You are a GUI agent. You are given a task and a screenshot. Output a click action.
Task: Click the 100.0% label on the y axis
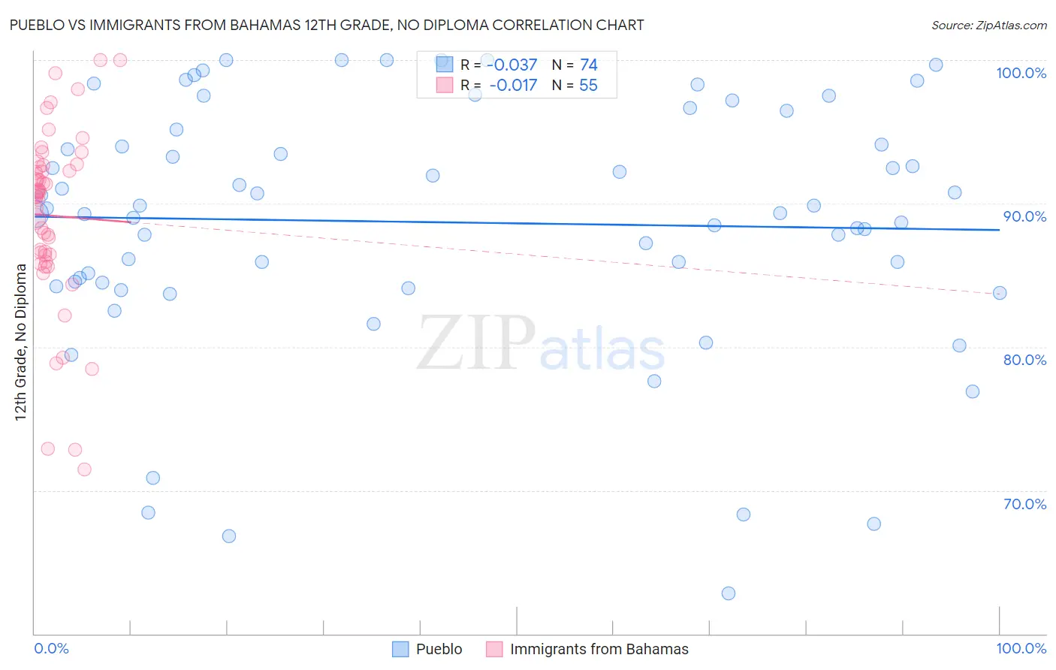click(x=1021, y=73)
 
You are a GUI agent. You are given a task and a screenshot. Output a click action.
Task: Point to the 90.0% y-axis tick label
click(x=1024, y=216)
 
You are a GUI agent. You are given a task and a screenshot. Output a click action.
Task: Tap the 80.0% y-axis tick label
click(x=1024, y=360)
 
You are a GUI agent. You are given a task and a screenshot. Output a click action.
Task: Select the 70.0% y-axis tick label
click(x=1024, y=504)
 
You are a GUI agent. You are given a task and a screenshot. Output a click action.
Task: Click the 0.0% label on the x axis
click(x=51, y=648)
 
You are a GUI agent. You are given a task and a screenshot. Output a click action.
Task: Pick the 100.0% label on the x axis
click(x=1021, y=648)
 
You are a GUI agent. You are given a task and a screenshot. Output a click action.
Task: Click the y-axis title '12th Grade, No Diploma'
click(x=20, y=342)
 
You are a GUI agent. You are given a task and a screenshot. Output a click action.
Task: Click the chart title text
click(x=327, y=25)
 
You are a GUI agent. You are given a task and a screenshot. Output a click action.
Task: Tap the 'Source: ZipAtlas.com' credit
click(x=988, y=26)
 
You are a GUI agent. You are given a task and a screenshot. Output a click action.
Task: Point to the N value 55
click(x=588, y=86)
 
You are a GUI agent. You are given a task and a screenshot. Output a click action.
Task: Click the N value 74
click(x=588, y=65)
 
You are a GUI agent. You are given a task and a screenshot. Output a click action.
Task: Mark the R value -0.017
click(x=513, y=86)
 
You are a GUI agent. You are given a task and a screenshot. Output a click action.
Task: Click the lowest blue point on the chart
click(x=728, y=593)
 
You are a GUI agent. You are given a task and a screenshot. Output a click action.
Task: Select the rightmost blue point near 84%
click(x=1000, y=293)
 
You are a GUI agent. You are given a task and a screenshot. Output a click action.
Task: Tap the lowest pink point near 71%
click(x=84, y=469)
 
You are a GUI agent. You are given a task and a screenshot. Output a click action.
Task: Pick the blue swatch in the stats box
click(x=445, y=65)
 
